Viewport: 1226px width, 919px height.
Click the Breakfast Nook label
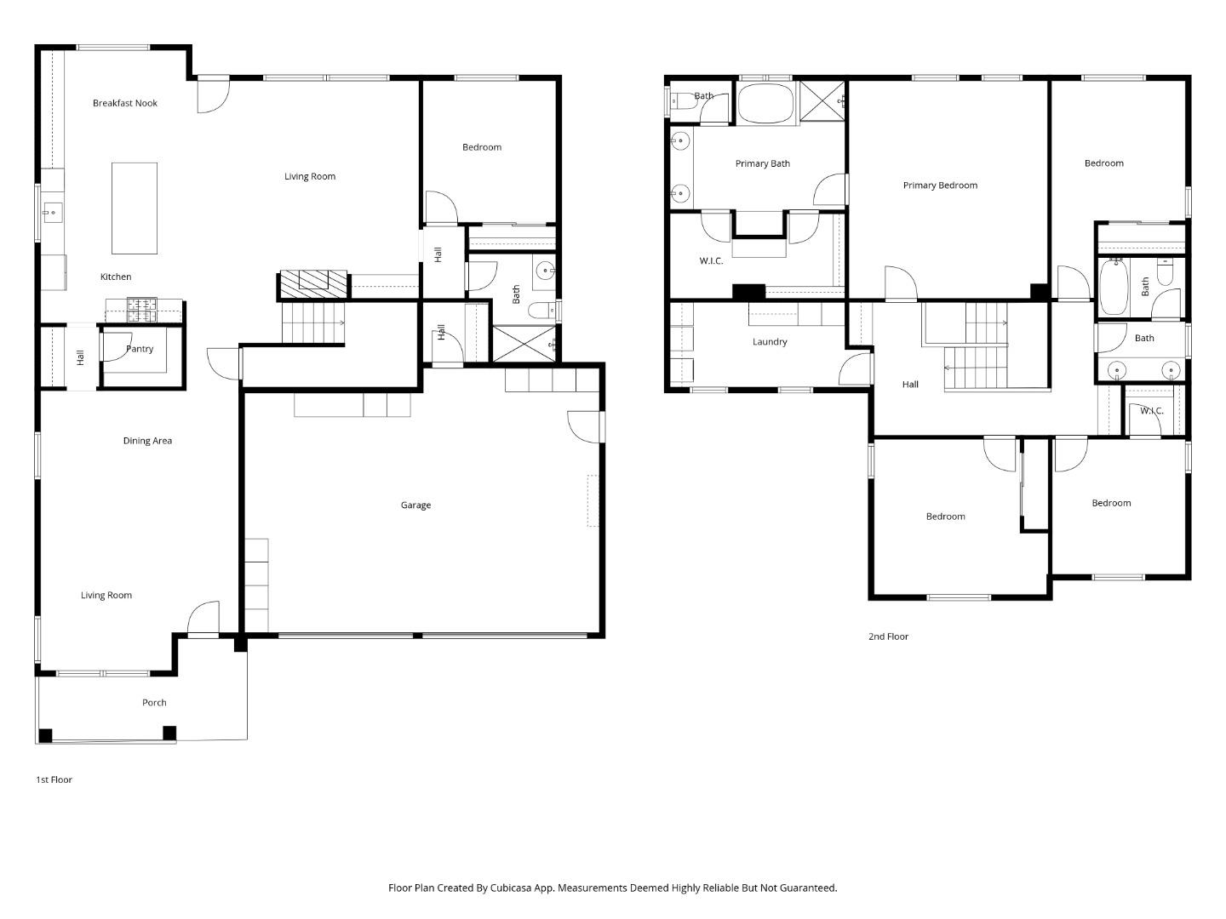[x=124, y=103]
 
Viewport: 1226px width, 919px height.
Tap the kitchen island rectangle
[x=134, y=208]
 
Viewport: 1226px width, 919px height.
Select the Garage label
[x=415, y=505]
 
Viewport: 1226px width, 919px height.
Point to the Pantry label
[x=140, y=349]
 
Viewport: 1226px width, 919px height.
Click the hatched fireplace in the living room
[x=313, y=283]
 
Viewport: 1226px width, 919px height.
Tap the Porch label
[x=154, y=703]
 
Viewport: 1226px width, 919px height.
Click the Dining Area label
[x=147, y=441]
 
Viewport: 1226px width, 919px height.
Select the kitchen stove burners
[x=142, y=311]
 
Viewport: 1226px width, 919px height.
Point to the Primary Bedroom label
[x=940, y=186]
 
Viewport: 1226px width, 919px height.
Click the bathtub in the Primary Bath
[x=765, y=104]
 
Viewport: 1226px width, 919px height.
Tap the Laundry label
[x=770, y=342]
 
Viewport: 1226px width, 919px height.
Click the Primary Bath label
[x=762, y=163]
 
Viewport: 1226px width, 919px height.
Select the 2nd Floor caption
[x=888, y=636]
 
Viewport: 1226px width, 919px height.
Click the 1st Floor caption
[x=54, y=780]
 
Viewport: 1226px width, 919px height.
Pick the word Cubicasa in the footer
[x=511, y=888]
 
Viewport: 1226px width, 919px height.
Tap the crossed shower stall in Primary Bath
[x=822, y=101]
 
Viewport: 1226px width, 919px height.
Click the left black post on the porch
[x=45, y=735]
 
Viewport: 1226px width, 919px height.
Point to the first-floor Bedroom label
[x=482, y=147]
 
